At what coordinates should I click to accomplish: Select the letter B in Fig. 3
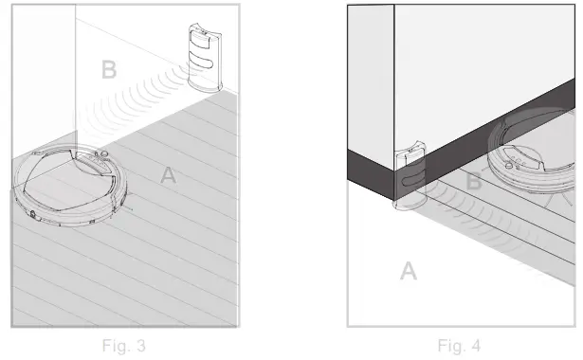tap(110, 69)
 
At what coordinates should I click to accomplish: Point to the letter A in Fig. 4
tap(408, 272)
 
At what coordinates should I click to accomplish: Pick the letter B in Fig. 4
tap(474, 183)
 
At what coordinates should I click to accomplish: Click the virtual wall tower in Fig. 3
tap(201, 58)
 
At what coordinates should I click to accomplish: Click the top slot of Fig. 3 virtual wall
tap(200, 37)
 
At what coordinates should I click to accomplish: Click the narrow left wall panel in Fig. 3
tap(44, 76)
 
